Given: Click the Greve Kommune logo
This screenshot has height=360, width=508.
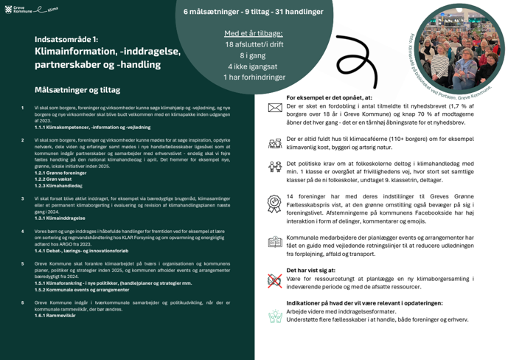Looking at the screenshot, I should click(x=23, y=10).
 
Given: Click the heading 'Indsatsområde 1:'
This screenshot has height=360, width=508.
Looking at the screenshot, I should click(x=66, y=39).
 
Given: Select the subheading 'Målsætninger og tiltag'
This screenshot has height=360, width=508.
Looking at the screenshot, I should click(x=77, y=90).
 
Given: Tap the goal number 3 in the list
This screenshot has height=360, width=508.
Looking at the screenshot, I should click(x=23, y=198).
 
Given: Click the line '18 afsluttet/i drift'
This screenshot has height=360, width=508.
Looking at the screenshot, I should click(x=253, y=45).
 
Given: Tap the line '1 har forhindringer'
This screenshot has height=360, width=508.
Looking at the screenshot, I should click(x=253, y=77).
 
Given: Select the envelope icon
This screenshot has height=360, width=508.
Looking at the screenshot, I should click(x=274, y=108).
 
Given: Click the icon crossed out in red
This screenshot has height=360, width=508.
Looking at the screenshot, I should click(x=274, y=280).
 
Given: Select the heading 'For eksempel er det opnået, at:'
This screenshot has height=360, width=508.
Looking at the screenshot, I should click(x=329, y=97).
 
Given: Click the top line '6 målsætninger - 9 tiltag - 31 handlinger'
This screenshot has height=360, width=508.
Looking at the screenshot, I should click(x=253, y=13).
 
